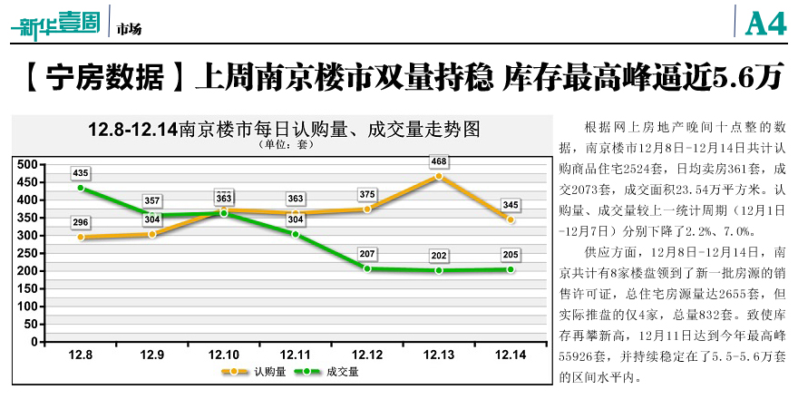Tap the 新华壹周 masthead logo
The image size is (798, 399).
(x=54, y=22)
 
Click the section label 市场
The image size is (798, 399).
(x=129, y=29)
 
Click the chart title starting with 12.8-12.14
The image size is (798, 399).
(x=283, y=129)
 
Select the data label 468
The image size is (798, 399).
(x=439, y=161)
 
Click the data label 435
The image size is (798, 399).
(x=81, y=172)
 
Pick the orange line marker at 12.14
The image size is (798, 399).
(x=511, y=219)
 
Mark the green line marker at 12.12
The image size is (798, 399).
(x=367, y=268)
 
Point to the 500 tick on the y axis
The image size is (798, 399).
(x=24, y=165)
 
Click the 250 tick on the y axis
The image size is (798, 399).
(x=24, y=254)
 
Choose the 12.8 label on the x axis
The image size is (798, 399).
(x=81, y=355)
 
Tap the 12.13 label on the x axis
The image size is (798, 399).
(x=439, y=355)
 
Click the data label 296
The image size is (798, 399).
(x=81, y=221)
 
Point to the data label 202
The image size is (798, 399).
(x=439, y=255)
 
